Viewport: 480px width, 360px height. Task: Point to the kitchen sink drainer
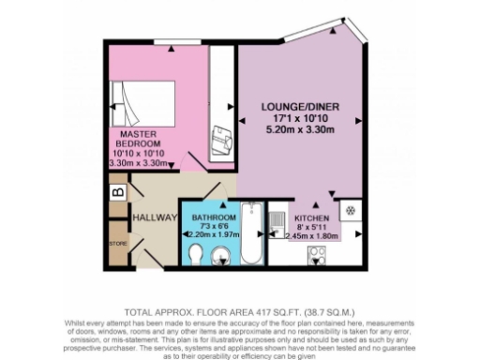coord(277,224)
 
